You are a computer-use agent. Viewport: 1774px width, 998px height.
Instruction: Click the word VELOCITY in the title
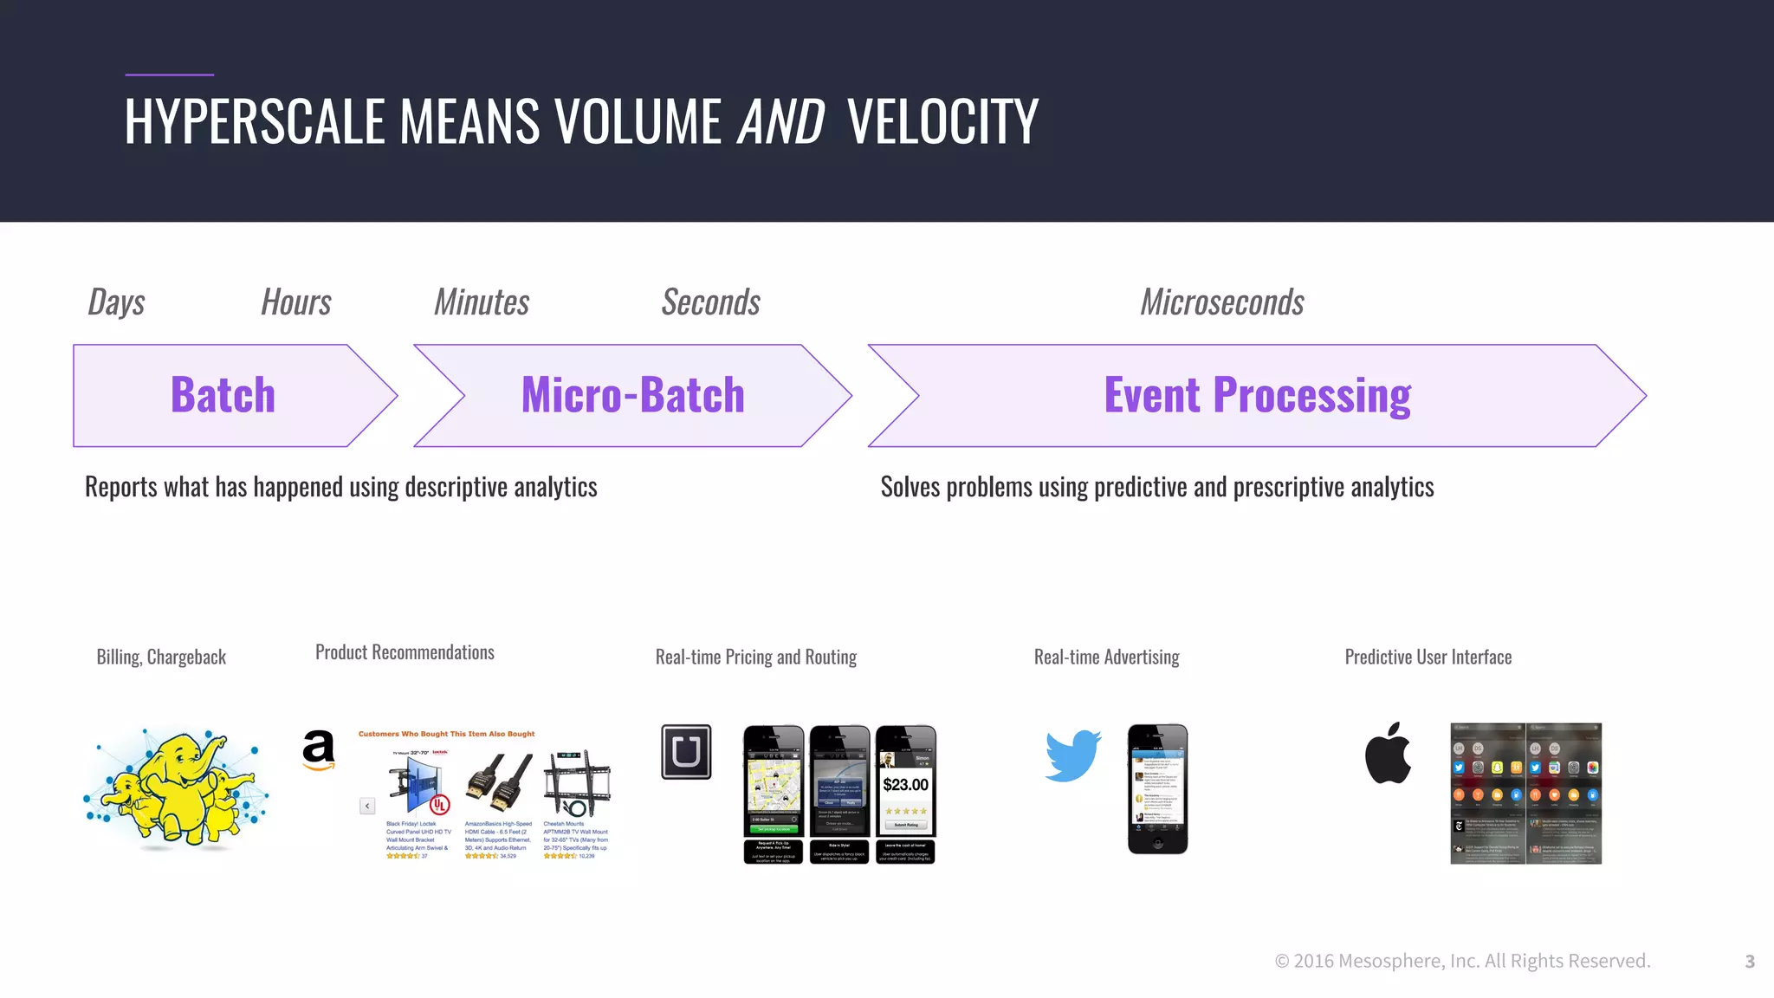[942, 121]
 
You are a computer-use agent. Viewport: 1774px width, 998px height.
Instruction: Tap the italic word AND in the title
[780, 121]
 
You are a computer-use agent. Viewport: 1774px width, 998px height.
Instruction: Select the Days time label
[116, 302]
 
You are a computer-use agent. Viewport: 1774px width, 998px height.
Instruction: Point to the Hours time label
[296, 302]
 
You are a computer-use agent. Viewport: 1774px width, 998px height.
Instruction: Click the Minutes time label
[482, 302]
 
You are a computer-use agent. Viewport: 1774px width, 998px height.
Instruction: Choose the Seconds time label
[710, 302]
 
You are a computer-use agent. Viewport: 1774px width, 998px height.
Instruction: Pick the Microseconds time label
[1221, 302]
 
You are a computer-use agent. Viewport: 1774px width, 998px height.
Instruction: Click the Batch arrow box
[223, 396]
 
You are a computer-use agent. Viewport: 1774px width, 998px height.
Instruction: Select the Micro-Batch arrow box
[632, 396]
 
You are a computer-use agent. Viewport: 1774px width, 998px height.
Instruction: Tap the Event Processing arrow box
[1257, 396]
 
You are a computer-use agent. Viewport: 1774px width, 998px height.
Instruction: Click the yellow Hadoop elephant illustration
[177, 787]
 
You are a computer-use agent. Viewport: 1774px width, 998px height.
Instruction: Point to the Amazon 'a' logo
[319, 750]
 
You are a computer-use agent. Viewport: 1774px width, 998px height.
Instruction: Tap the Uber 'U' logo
[686, 752]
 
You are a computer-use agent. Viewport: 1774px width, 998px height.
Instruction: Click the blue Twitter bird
[1072, 755]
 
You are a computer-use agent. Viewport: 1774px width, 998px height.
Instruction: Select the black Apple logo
[1388, 754]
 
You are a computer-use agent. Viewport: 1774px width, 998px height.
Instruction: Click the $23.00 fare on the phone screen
[905, 785]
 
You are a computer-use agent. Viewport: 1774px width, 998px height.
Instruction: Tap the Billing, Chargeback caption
[161, 658]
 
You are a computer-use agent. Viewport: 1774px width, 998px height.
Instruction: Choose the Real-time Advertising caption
[1106, 658]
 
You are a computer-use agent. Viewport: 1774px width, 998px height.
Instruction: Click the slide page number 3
[1749, 962]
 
